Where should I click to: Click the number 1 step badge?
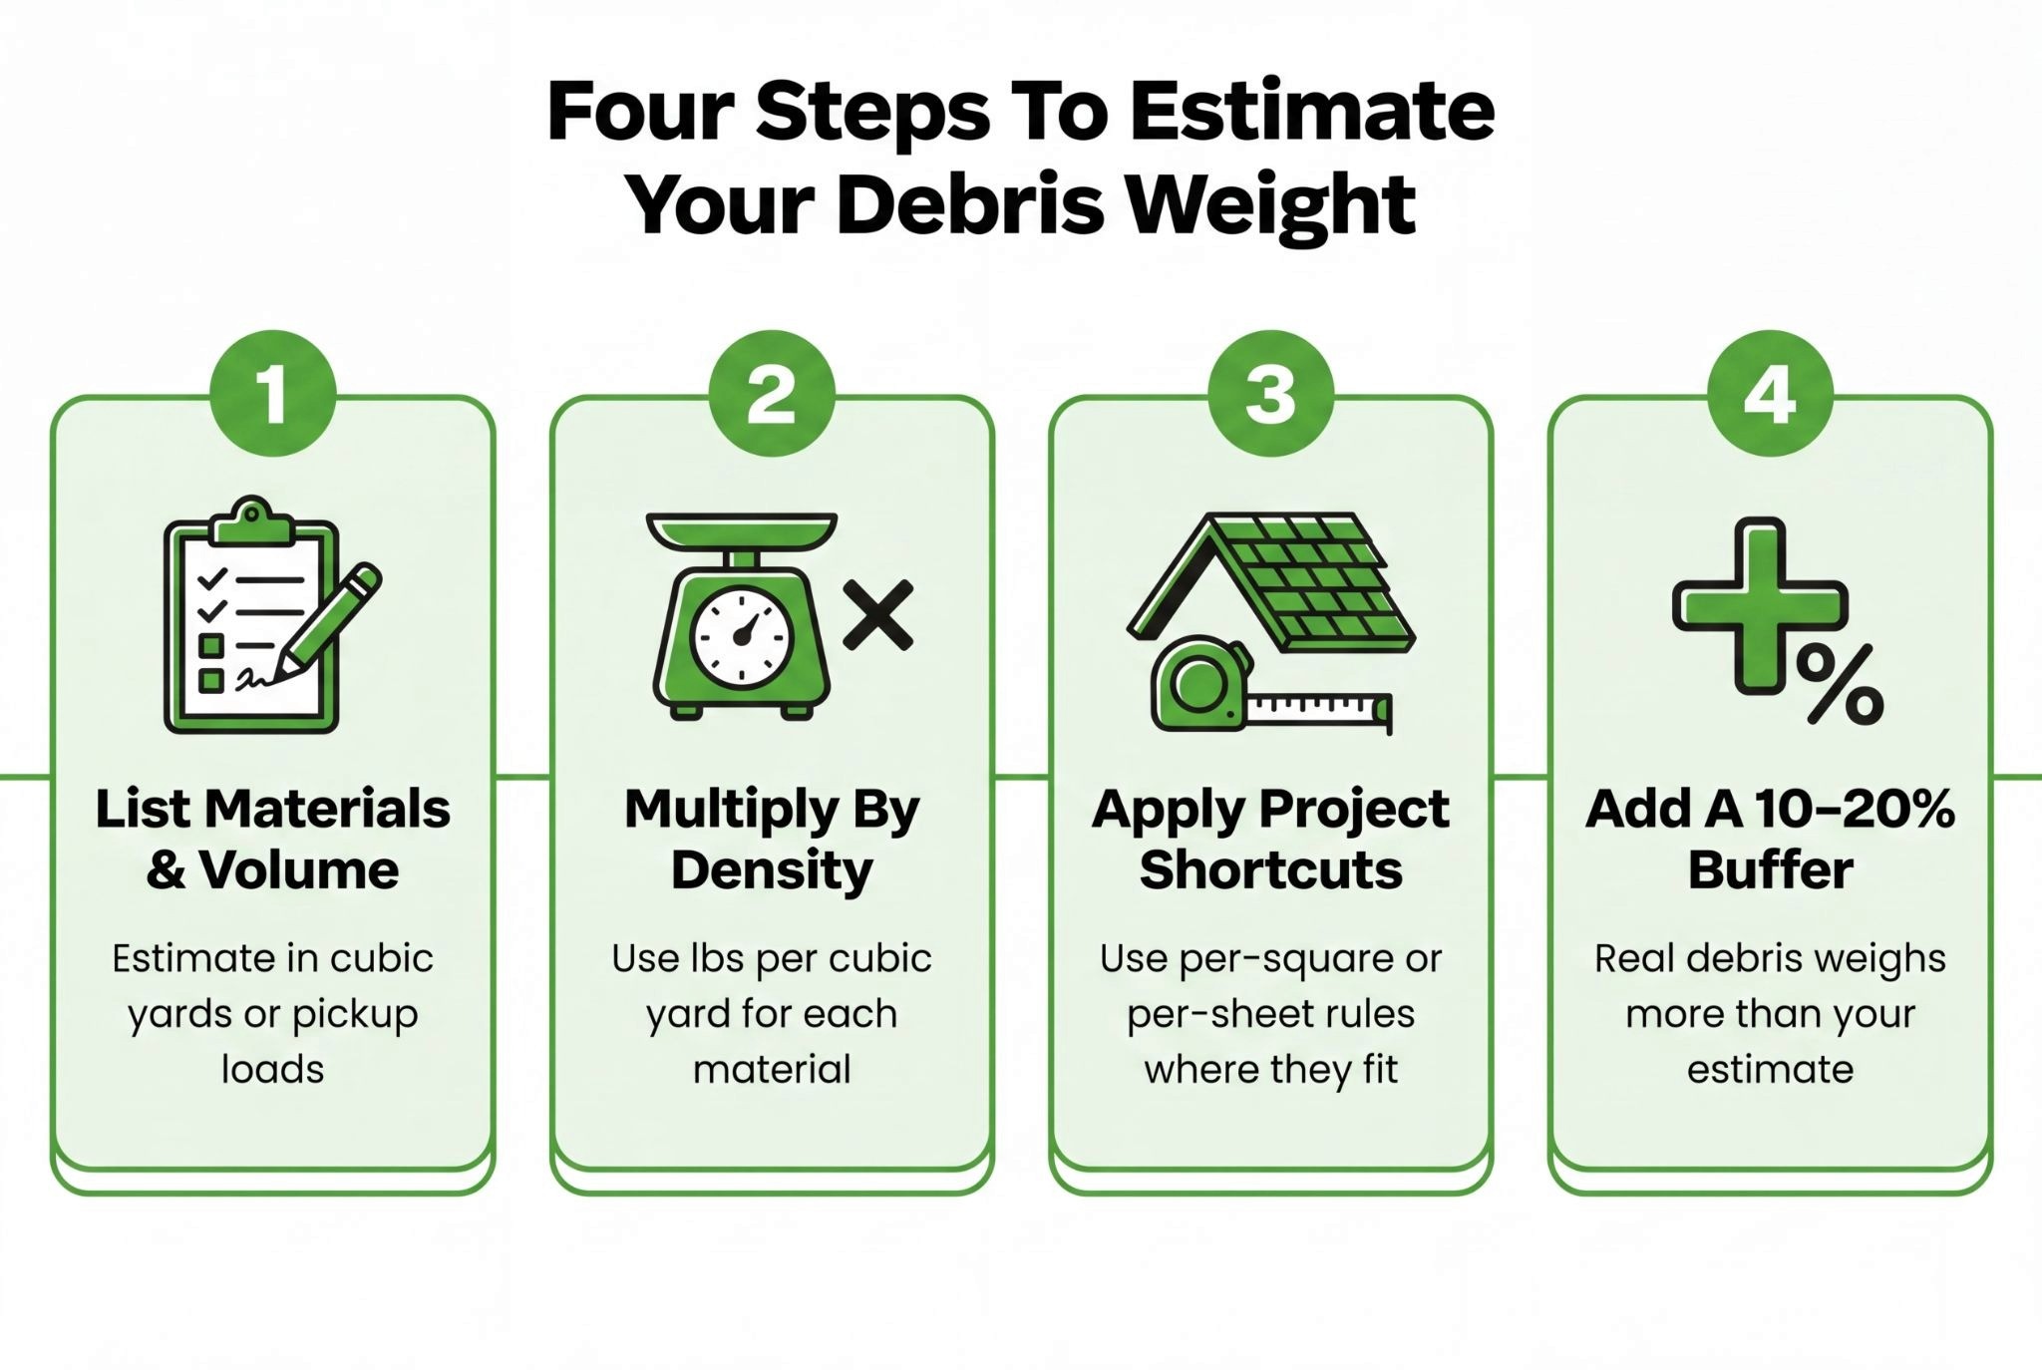point(272,394)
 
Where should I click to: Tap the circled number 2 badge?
point(772,394)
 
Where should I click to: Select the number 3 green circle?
point(1270,394)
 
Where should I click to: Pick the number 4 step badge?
point(1770,394)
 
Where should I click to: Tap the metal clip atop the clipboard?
point(251,521)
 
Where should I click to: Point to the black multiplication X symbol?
point(877,615)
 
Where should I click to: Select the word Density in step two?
point(772,870)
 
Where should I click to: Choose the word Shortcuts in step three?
point(1271,870)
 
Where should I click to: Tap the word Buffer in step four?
point(1770,870)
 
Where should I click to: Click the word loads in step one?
point(272,1069)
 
